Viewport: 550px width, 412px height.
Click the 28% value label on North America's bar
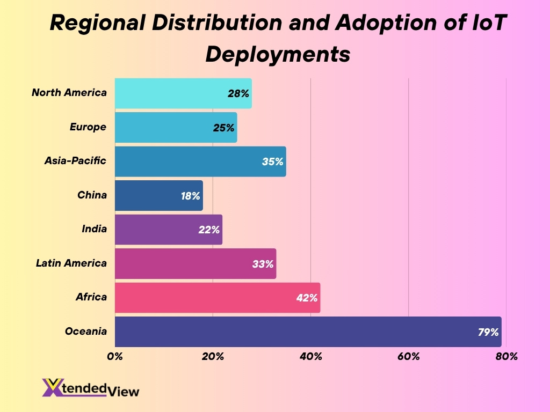click(238, 93)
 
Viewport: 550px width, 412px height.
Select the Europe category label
click(88, 127)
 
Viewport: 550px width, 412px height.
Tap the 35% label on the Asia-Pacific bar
click(273, 161)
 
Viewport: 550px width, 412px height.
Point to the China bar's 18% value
click(191, 195)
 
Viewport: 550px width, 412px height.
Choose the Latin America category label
click(71, 263)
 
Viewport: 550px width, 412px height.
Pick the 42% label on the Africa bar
click(307, 297)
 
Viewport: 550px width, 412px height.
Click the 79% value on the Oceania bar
click(488, 332)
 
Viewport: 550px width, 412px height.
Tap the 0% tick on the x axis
click(115, 356)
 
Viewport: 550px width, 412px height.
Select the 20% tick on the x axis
click(213, 356)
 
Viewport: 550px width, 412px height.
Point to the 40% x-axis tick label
click(310, 356)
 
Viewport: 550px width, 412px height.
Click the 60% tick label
click(408, 356)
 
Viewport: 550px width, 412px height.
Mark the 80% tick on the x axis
click(506, 356)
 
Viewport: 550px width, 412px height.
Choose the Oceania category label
click(86, 331)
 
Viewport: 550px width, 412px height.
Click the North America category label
click(69, 93)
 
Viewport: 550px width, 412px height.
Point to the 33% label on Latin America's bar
click(263, 263)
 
